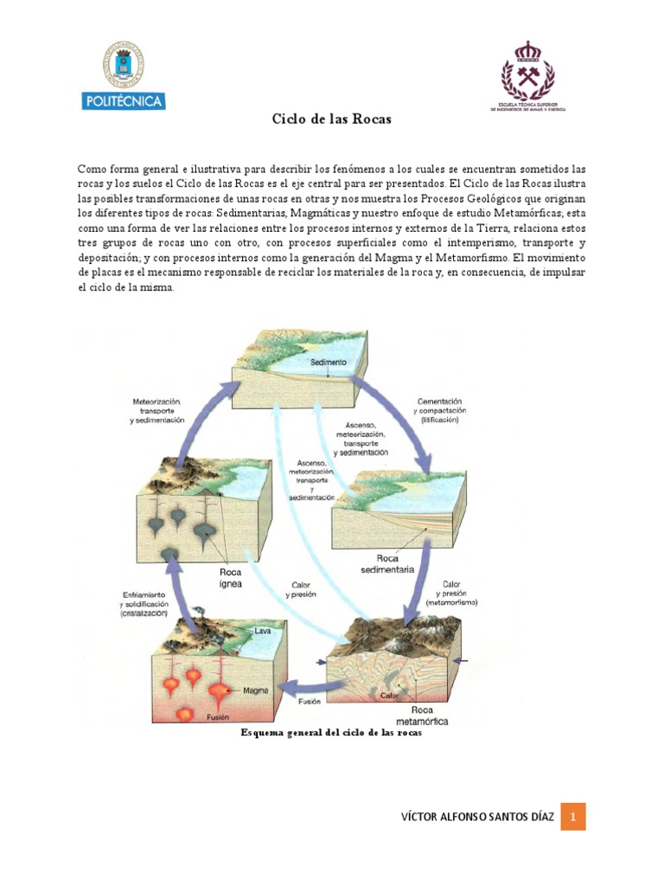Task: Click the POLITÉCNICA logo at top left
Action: [124, 78]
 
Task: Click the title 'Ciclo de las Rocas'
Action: [332, 119]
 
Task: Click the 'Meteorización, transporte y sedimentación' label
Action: [158, 410]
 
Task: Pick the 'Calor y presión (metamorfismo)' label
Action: [457, 593]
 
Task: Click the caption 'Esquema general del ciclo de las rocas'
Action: [331, 733]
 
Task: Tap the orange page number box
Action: [573, 814]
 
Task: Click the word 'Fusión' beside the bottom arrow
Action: [310, 702]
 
